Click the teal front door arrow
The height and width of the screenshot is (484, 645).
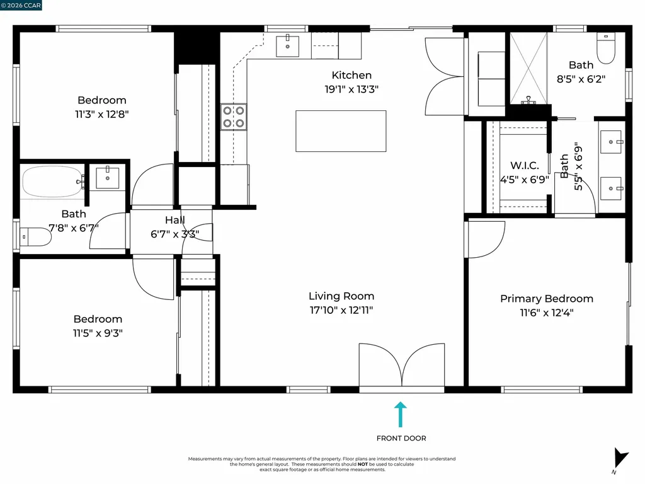coord(400,415)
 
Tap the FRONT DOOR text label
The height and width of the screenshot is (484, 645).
coord(401,439)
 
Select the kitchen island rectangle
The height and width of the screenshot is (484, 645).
coord(341,131)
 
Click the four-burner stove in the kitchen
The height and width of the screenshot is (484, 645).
coord(234,117)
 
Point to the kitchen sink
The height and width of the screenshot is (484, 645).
coord(287,45)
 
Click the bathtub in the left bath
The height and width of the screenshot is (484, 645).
coord(53,181)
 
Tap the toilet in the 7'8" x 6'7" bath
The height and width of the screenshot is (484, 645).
coord(35,237)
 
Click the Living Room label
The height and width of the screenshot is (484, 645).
coord(341,296)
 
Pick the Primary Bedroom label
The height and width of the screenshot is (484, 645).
coord(547,298)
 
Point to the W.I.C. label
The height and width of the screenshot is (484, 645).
coord(525,166)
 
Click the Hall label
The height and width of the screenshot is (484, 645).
coord(175,220)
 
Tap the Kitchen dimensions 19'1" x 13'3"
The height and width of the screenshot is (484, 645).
coord(351,89)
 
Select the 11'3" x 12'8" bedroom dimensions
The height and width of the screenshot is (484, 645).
coord(101,114)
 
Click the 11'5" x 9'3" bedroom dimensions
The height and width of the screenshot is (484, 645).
coord(98,333)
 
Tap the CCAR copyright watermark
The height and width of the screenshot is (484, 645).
coord(21,5)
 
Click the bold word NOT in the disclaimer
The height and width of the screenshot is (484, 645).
coord(363,464)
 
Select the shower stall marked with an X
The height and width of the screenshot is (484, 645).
coord(528,68)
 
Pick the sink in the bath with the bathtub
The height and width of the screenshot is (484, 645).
coord(107,178)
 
